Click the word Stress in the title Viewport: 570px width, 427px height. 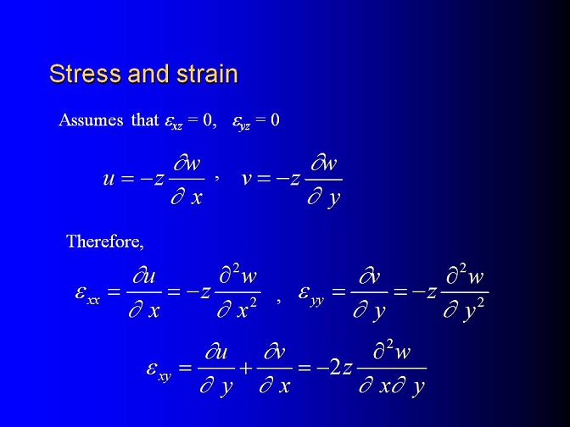point(86,74)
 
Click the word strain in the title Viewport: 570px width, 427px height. point(207,74)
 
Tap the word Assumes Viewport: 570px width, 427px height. point(91,120)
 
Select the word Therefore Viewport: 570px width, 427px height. point(104,241)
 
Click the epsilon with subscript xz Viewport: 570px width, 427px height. point(173,122)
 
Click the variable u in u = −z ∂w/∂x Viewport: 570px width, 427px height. point(109,179)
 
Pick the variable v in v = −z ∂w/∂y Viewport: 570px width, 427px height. point(247,179)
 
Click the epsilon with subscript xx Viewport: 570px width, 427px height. point(87,294)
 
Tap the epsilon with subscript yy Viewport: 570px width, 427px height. point(311,294)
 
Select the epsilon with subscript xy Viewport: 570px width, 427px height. point(159,370)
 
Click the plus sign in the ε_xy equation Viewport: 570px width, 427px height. point(246,369)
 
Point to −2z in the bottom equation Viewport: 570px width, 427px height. point(335,369)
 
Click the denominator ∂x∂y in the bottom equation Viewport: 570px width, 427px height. point(392,387)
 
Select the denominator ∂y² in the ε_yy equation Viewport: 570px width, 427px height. point(464,310)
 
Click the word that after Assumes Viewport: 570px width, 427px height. point(145,120)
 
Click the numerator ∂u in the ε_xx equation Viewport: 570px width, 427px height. point(144,276)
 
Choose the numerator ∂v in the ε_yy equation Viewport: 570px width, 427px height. point(369,276)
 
